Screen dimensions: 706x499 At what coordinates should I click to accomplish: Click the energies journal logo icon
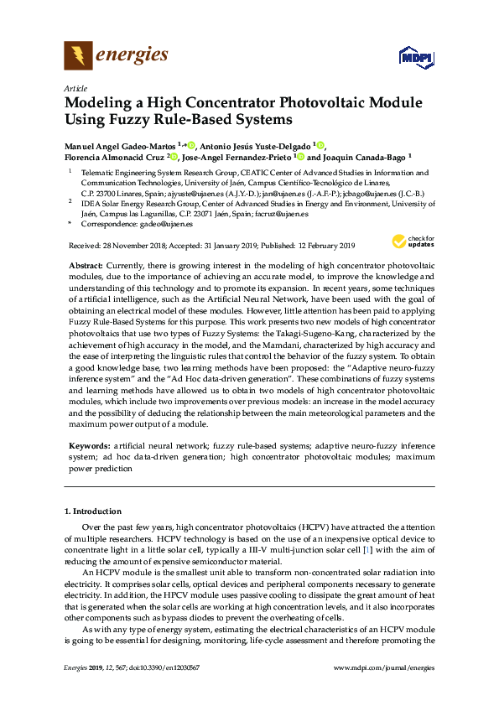78,55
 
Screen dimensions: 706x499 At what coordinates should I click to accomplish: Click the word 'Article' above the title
75,87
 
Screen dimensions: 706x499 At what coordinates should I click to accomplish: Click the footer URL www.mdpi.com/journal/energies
384,667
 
